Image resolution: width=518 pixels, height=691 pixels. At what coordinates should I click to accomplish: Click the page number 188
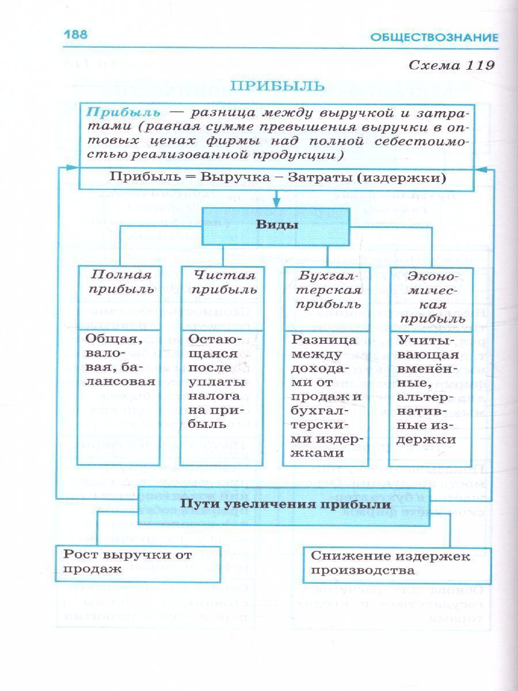(75, 35)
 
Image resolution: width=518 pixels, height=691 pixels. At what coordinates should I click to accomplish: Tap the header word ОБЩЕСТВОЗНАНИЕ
(434, 38)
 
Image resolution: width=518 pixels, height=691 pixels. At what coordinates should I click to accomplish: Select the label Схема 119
(451, 65)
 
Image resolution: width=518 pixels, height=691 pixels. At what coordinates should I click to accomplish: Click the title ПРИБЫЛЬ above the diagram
(277, 86)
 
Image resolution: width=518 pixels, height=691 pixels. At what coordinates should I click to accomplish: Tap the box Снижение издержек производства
(397, 564)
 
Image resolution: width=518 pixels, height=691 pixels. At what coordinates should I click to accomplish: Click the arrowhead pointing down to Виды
(276, 202)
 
